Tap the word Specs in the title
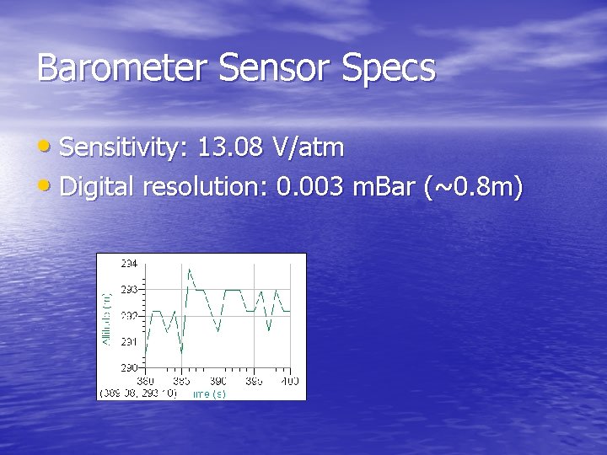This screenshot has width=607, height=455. [x=389, y=68]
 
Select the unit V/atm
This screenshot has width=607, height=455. [x=308, y=148]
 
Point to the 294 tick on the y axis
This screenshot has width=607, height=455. [x=131, y=263]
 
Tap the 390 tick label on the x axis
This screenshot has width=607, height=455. [x=218, y=381]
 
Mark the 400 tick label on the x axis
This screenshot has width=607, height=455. [x=289, y=381]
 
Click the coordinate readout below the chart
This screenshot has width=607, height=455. [x=138, y=393]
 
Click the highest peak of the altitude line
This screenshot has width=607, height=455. [x=189, y=269]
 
